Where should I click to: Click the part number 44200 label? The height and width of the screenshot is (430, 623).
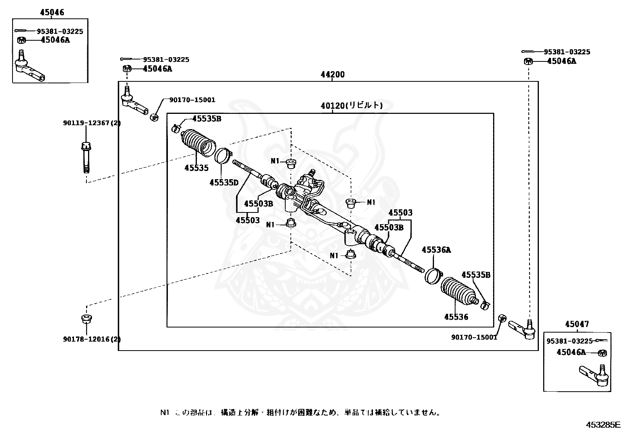(333, 74)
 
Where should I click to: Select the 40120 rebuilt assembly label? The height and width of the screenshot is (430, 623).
(351, 105)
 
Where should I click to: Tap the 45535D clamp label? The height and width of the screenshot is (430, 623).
(224, 182)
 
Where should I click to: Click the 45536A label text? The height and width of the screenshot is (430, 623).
(436, 250)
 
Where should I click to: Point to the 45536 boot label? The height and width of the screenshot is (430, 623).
(456, 317)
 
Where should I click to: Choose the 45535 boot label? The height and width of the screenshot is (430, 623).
(196, 168)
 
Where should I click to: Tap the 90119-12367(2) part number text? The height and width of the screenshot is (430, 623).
(92, 123)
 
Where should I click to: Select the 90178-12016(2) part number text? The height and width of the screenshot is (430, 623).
(92, 339)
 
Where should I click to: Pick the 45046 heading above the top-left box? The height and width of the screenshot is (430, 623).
(52, 13)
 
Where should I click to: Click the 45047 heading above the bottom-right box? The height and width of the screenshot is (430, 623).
(577, 324)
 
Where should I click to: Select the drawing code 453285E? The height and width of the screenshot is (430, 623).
(603, 425)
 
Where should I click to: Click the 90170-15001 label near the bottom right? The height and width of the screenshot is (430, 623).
(474, 337)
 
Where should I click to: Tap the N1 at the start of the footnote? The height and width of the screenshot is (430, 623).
(164, 412)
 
